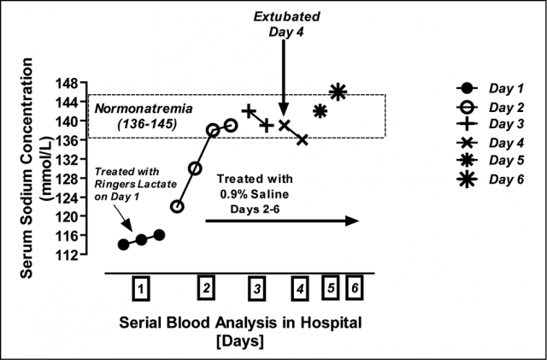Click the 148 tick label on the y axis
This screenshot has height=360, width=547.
(x=67, y=84)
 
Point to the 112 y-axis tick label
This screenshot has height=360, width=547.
(x=67, y=255)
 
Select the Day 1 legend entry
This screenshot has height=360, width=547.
(x=490, y=88)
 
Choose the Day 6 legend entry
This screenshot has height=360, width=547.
(x=490, y=180)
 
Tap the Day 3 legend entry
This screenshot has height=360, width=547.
(x=490, y=124)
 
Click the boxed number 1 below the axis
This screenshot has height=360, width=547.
(x=141, y=288)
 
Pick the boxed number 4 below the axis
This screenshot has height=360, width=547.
(x=300, y=288)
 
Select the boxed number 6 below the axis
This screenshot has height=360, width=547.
(x=355, y=287)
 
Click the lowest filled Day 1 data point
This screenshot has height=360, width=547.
(x=123, y=245)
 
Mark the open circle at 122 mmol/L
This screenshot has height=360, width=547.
(x=177, y=207)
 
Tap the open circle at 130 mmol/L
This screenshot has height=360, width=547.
(x=195, y=168)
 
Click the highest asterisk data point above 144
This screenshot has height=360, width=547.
(x=338, y=92)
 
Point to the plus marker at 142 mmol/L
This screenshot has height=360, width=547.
(x=249, y=111)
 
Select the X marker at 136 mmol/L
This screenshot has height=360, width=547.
(x=303, y=140)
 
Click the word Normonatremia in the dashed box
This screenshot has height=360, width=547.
(x=144, y=109)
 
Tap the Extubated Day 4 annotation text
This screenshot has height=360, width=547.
(x=286, y=24)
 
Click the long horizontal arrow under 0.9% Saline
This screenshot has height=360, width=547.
(x=282, y=221)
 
